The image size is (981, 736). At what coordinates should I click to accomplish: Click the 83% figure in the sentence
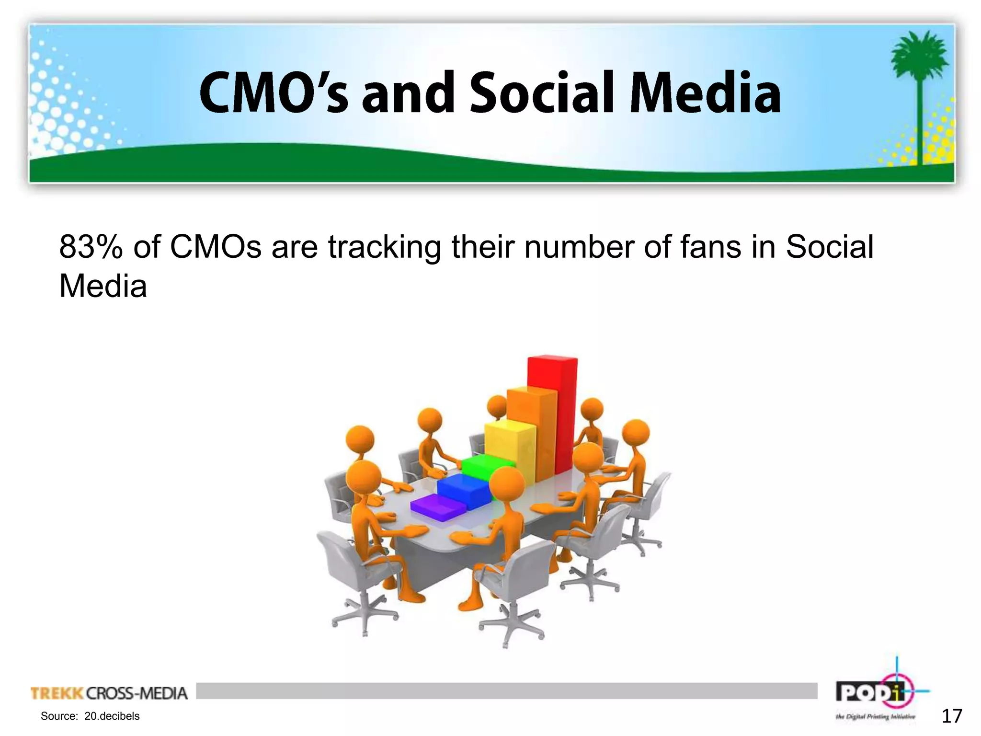point(91,248)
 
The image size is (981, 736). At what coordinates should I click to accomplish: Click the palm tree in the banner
point(918,91)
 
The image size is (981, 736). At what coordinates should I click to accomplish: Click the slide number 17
point(951,716)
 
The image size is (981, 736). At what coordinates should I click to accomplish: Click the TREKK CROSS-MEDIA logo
point(109,693)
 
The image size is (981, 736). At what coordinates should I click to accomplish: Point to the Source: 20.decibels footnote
point(90,716)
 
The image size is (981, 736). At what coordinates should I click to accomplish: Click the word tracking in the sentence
point(384,248)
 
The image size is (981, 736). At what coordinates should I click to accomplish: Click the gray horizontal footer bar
point(506,690)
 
